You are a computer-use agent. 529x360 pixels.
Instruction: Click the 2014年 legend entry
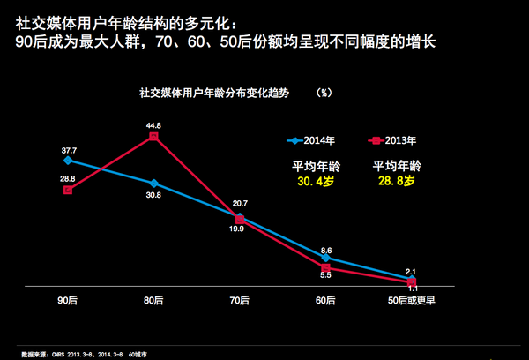click(x=311, y=140)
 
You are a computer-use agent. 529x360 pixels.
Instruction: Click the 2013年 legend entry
click(x=392, y=140)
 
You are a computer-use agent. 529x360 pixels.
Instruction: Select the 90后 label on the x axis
click(x=68, y=301)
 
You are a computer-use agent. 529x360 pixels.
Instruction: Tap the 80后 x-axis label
click(x=153, y=301)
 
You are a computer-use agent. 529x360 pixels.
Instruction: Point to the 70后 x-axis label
click(x=240, y=301)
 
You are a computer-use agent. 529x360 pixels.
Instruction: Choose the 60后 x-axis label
click(x=325, y=301)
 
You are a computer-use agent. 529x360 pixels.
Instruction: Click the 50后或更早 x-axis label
click(x=412, y=301)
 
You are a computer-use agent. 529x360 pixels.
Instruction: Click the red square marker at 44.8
click(x=153, y=137)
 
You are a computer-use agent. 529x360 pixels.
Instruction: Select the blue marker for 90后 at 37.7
click(x=68, y=161)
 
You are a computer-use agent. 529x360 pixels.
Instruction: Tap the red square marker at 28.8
click(x=68, y=190)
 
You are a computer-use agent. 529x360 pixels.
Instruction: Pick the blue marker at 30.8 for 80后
click(x=153, y=183)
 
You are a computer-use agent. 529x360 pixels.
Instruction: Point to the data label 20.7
click(x=240, y=204)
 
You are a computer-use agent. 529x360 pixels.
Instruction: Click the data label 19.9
click(x=235, y=229)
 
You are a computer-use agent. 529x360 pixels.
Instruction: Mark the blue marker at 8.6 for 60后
click(x=325, y=258)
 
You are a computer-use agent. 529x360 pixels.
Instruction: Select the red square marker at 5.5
click(x=325, y=267)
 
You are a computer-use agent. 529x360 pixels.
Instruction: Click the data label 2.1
click(x=412, y=271)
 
